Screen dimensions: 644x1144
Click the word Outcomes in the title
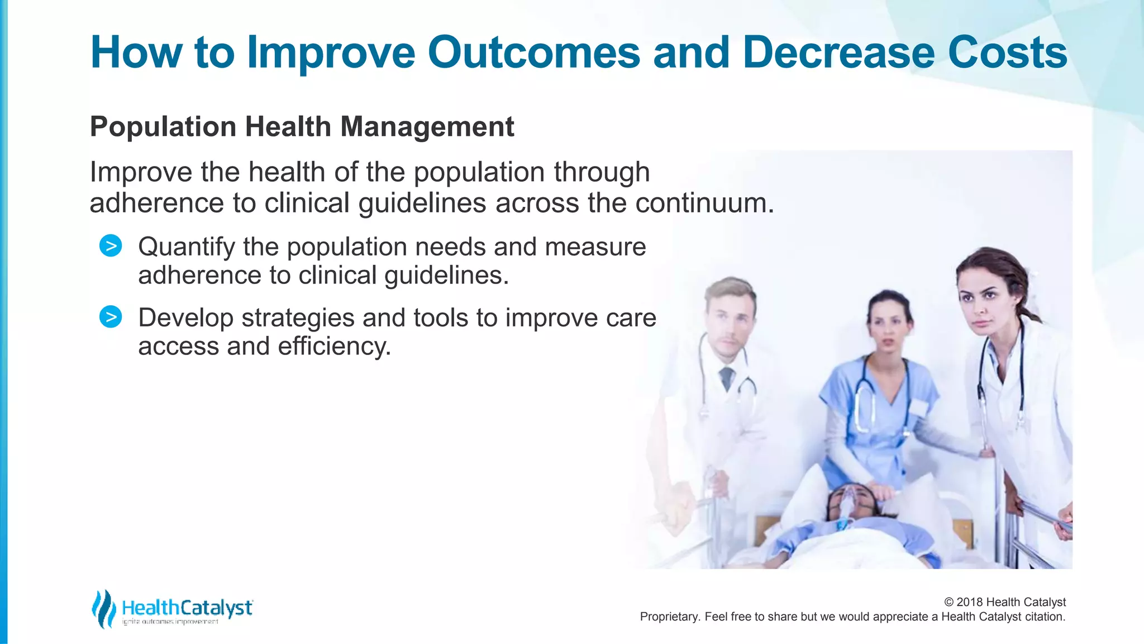(533, 53)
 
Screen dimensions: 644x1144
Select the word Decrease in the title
(838, 53)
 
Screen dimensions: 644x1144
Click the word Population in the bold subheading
(163, 127)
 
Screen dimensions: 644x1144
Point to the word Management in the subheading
(427, 127)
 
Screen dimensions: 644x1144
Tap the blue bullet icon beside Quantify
(111, 246)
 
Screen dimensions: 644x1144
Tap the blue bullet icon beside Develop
(111, 317)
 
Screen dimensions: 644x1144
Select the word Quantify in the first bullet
(186, 248)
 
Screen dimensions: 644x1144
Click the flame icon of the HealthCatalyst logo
(103, 609)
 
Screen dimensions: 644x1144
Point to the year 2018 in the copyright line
(970, 602)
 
